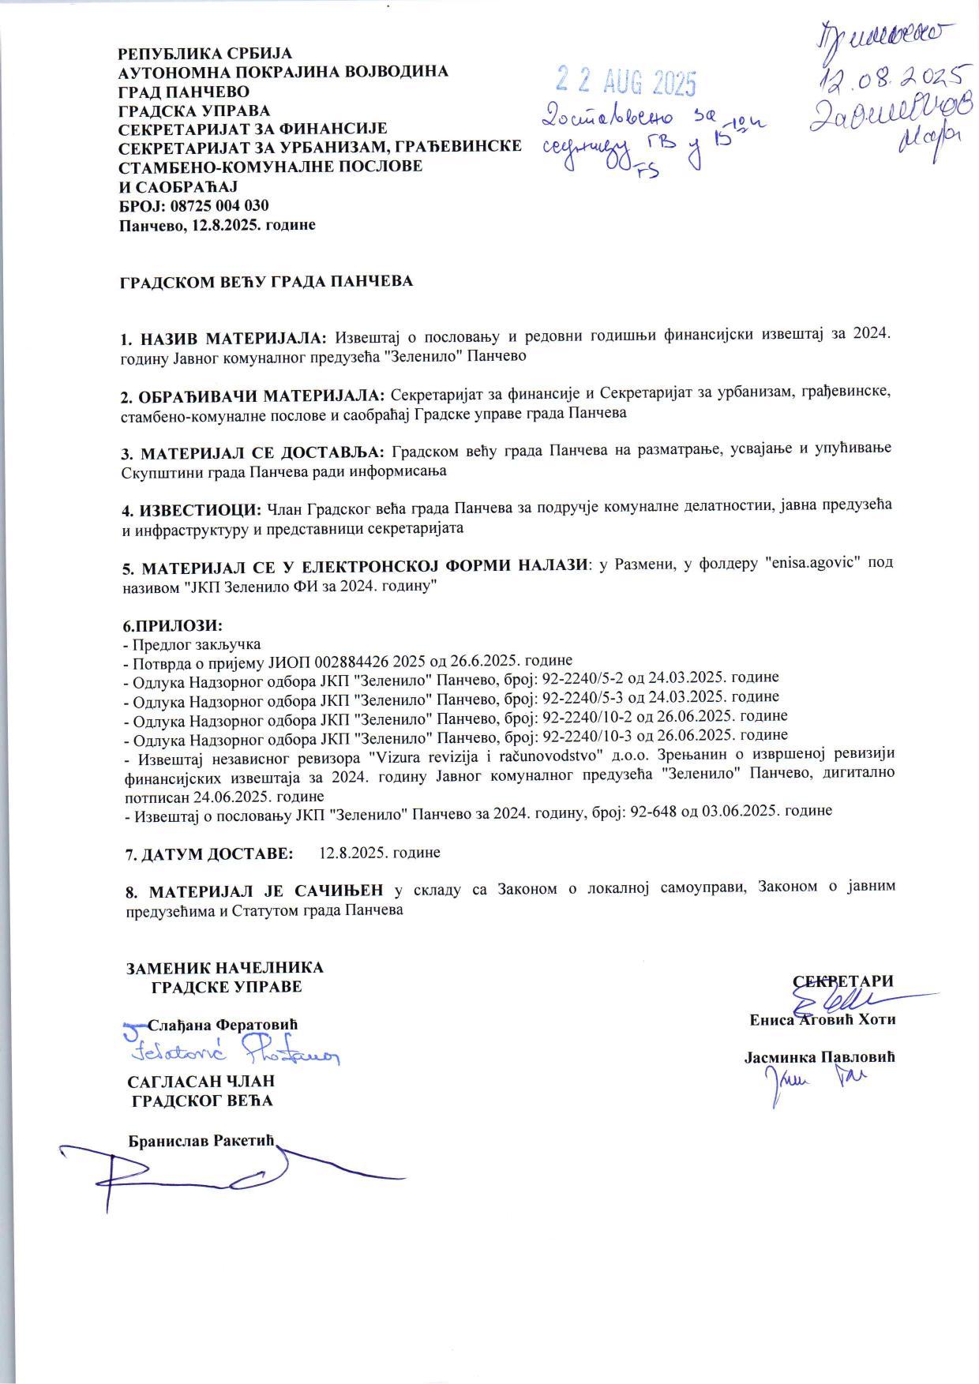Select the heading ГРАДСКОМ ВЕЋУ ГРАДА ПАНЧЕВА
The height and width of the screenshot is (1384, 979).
(x=266, y=282)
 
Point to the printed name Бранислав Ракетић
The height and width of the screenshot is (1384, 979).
(x=204, y=1142)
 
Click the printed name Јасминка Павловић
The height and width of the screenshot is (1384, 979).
(x=820, y=1058)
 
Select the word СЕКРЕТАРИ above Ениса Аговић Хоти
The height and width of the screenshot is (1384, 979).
(x=843, y=981)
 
